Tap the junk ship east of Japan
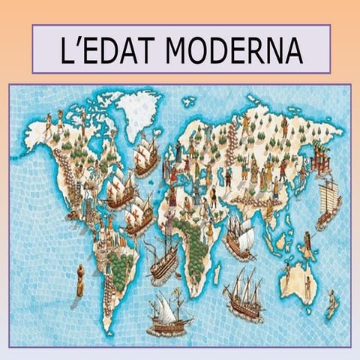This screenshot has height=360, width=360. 328,202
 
